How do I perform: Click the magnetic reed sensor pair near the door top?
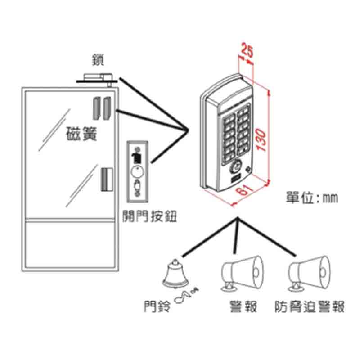pos(102,108)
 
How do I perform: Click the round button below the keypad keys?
pos(235,167)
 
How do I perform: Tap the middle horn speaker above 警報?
pos(242,273)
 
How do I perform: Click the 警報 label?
pos(242,307)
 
